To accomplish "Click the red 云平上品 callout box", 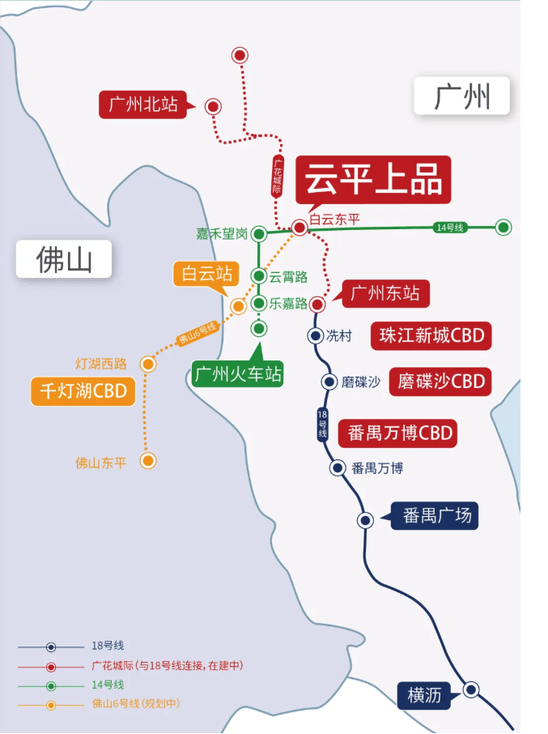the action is pos(373,180).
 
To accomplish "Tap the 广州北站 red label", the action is pos(143,105).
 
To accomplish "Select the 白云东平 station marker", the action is pos(299,228).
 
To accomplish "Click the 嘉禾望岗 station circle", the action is pos(258,233).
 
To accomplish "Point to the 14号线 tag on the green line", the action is pos(450,228).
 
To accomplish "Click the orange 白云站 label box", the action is pos(206,273).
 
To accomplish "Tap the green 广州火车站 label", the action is pos(237,374).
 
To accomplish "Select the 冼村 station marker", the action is pos(316,335).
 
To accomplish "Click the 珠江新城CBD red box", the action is pos(431,335).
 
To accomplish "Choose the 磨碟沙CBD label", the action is pos(440,382).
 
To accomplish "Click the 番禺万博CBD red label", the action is pos(397,433).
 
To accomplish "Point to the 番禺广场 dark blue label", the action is pos(435,516).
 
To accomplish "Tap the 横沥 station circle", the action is pos(471,689).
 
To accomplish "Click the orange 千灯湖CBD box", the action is pos(83,391).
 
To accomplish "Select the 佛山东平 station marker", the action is pos(148,461).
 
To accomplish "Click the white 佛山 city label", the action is pos(64,259).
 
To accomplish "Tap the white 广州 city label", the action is pos(461,96).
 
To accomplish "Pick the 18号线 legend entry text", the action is pos(108,646).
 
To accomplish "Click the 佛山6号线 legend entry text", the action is pos(136,703).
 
